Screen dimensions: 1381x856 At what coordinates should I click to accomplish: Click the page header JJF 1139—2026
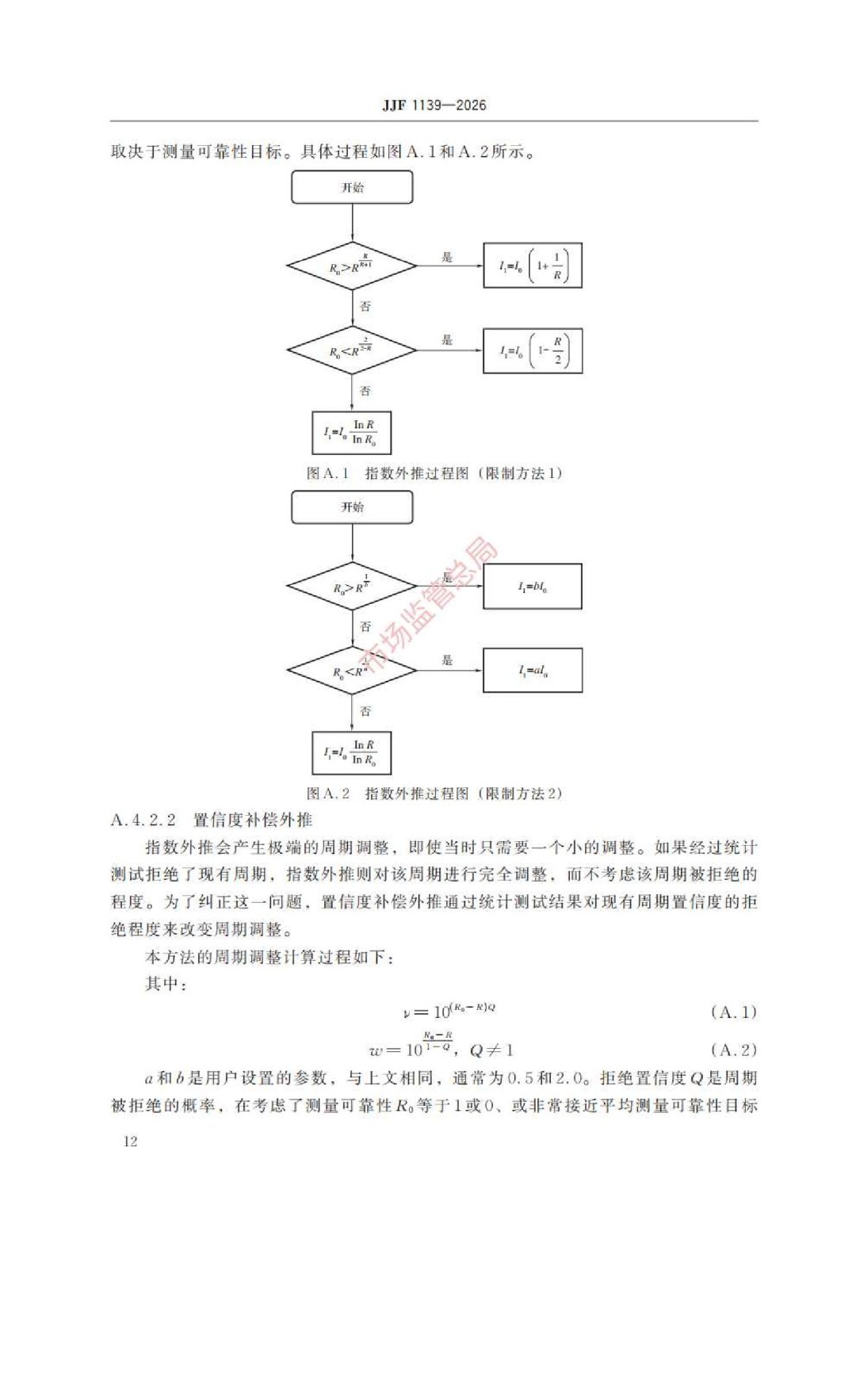(434, 105)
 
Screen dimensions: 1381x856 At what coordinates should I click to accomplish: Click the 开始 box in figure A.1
(352, 188)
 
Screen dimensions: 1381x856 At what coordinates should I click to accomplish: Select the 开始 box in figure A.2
(352, 507)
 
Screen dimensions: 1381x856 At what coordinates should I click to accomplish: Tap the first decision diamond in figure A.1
(351, 266)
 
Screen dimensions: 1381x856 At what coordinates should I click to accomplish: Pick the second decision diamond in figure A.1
(351, 350)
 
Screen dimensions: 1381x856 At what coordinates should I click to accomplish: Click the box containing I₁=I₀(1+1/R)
(533, 266)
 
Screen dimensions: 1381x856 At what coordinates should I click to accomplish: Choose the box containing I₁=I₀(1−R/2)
(533, 350)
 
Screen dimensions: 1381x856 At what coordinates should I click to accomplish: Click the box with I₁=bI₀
(533, 587)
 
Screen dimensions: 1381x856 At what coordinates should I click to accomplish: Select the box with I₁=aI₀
(533, 671)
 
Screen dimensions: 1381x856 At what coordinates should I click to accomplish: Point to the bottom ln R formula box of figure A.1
(351, 433)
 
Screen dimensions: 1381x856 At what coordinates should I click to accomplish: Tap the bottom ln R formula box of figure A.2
(351, 753)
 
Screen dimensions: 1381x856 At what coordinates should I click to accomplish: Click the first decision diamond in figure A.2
(351, 587)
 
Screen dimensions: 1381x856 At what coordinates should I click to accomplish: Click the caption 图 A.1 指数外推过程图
(434, 473)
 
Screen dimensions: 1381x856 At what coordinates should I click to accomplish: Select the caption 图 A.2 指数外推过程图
(434, 794)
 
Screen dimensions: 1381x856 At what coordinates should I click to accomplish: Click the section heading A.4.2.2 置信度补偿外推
(212, 820)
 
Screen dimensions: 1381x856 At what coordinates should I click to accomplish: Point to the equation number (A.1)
(733, 1012)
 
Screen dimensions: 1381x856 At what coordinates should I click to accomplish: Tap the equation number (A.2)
(733, 1050)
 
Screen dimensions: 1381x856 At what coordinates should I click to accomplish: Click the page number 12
(130, 1141)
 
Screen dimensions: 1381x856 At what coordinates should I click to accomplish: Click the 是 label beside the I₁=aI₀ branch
(447, 660)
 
